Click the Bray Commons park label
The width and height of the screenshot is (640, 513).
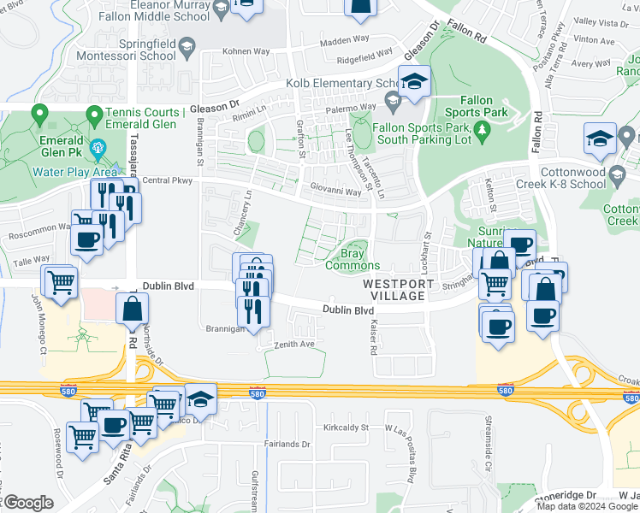353,259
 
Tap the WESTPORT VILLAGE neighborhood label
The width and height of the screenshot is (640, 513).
394,289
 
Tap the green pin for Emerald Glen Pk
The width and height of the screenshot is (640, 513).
39,113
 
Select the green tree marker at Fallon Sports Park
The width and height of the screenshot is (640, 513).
482,129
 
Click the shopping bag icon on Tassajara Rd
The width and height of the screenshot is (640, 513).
133,311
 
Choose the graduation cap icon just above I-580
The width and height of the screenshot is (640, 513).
200,400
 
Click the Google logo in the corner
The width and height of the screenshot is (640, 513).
28,503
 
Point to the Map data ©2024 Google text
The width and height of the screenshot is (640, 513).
586,506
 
